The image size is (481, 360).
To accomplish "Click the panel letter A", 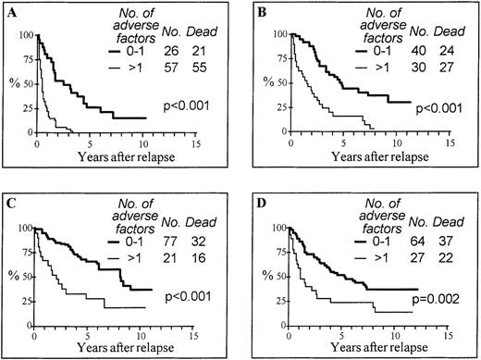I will [12, 11].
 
